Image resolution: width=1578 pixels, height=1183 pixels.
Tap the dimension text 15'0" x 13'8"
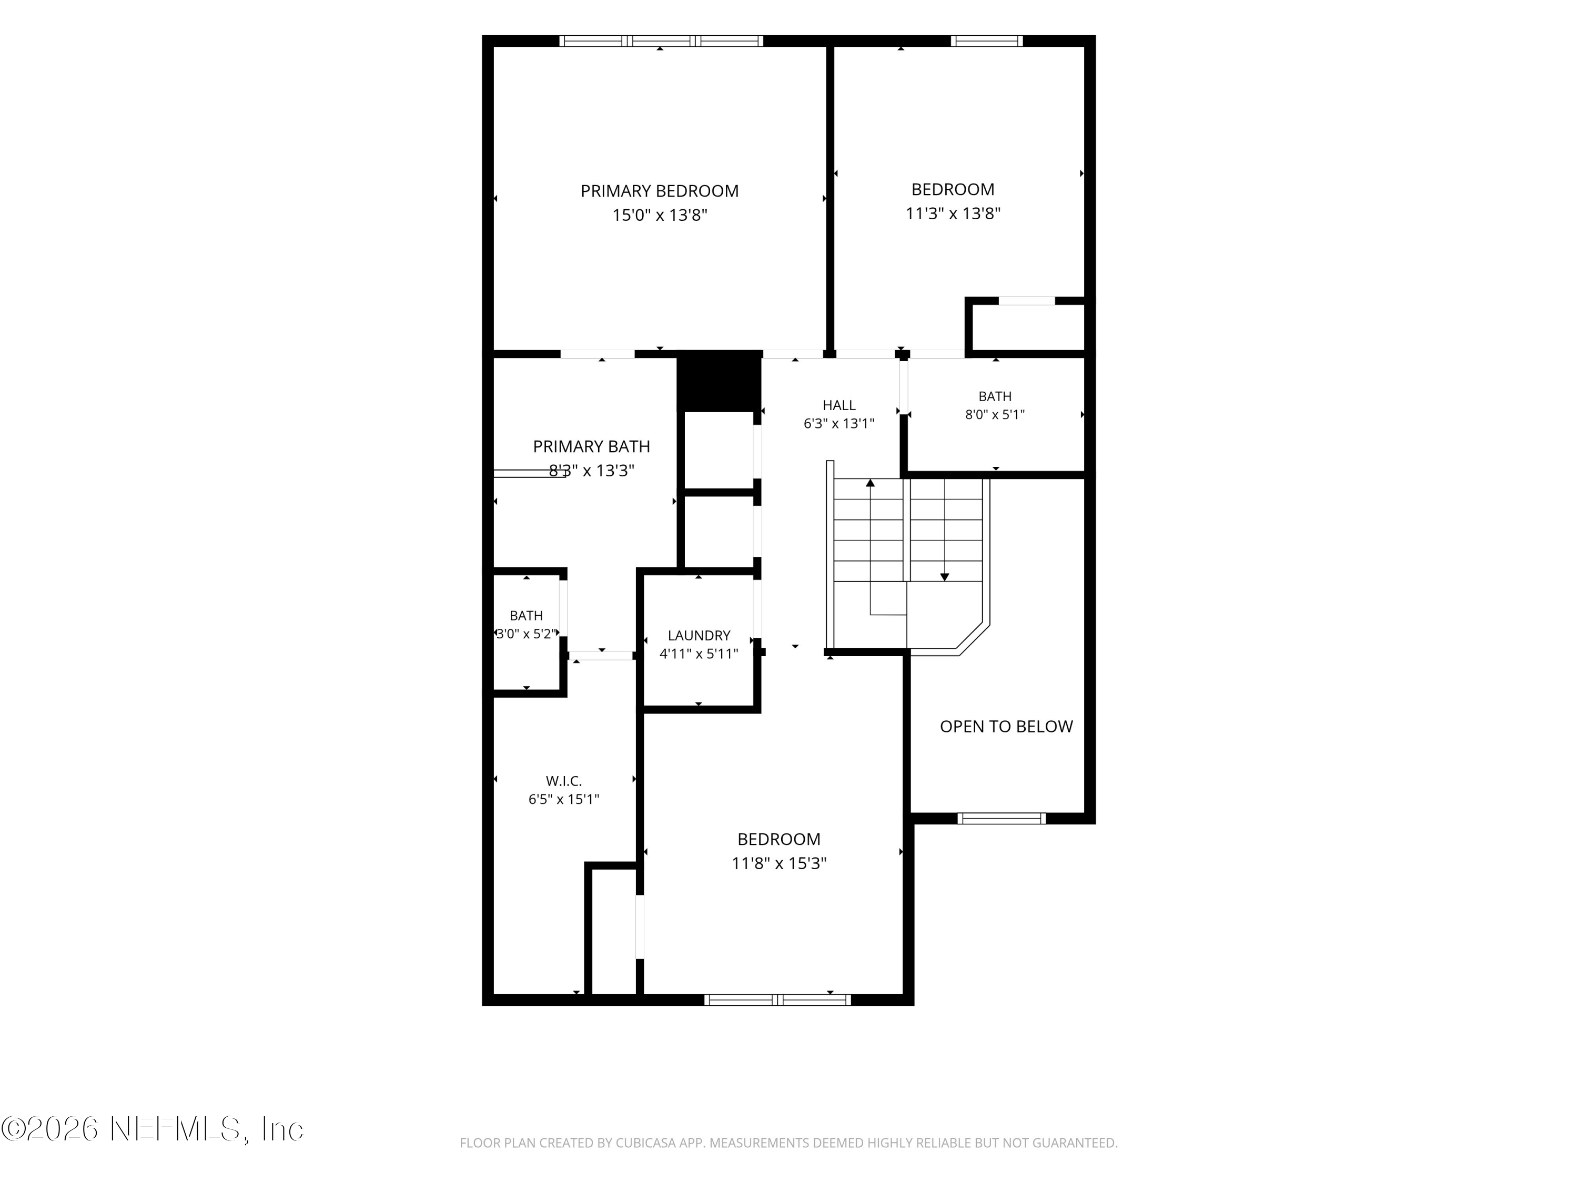[x=660, y=215]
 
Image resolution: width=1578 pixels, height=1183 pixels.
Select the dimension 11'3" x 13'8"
[x=953, y=213]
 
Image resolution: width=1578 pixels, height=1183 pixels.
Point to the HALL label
[x=839, y=405]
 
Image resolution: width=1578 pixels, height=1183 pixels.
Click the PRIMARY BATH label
[x=591, y=446]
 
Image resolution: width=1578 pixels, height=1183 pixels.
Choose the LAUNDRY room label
[x=699, y=635]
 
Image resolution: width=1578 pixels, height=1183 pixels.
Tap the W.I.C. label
[x=563, y=781]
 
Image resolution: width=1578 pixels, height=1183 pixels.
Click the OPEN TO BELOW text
[x=1006, y=726]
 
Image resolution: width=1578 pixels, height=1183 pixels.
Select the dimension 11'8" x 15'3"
[x=779, y=863]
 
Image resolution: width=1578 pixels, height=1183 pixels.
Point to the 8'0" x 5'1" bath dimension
[x=995, y=414]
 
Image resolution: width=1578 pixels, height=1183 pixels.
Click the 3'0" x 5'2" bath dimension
[x=527, y=633]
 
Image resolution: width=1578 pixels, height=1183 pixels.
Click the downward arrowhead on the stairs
[x=945, y=577]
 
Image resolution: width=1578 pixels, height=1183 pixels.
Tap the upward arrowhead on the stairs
[x=871, y=483]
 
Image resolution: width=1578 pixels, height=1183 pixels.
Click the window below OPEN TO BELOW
[x=1002, y=818]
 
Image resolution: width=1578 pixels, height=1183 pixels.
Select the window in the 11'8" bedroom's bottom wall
[x=777, y=999]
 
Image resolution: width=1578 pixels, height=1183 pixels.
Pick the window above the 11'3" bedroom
[x=987, y=40]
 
